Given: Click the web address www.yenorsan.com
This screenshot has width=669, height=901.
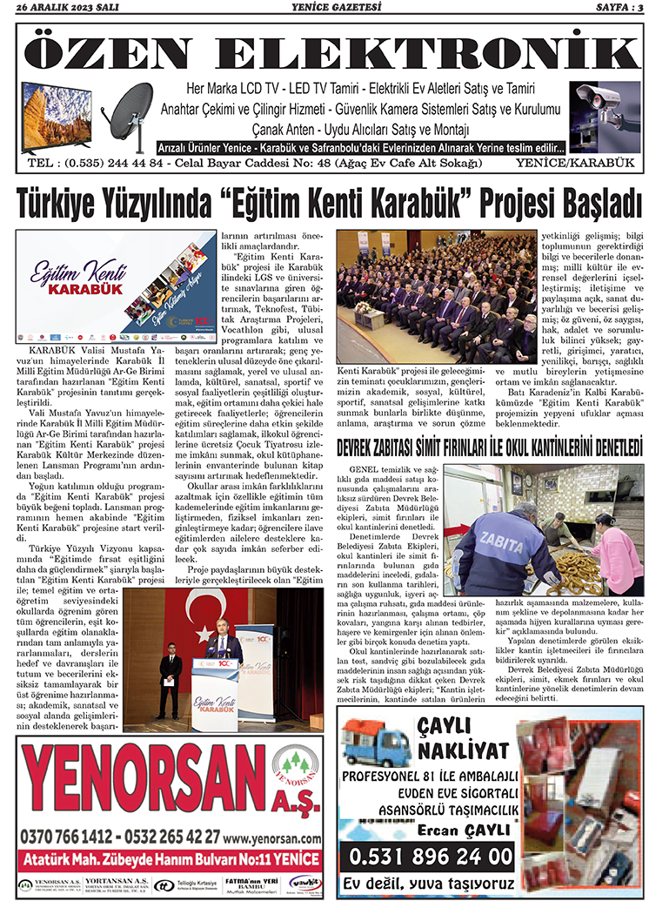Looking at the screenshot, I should coord(271,837).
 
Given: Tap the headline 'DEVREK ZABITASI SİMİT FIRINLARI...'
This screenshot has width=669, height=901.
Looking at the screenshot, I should coord(489,447).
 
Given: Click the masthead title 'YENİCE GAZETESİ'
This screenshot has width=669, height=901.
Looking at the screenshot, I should coord(333,9).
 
